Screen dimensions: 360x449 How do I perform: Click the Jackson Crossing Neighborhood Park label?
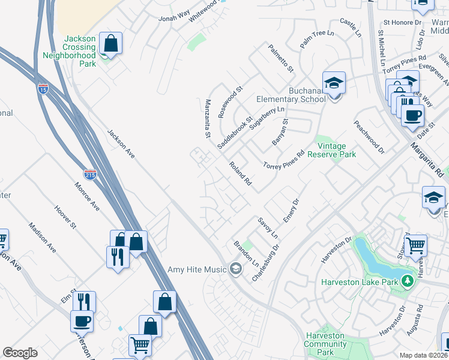click(x=70, y=51)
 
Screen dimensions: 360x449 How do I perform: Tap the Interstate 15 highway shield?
click(x=43, y=89)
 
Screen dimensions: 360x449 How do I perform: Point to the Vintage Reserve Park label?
click(x=332, y=150)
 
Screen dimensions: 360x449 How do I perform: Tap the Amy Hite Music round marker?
click(x=236, y=269)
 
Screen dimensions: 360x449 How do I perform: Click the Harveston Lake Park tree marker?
click(x=408, y=281)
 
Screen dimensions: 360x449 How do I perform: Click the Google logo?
click(x=20, y=353)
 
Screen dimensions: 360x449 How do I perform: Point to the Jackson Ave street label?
click(x=121, y=144)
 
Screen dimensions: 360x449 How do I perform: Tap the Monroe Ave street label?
click(x=87, y=196)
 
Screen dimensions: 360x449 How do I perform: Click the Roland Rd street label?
click(x=240, y=173)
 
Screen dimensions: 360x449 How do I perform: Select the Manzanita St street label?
click(x=208, y=119)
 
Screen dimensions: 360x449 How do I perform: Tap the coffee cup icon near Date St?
click(x=412, y=115)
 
